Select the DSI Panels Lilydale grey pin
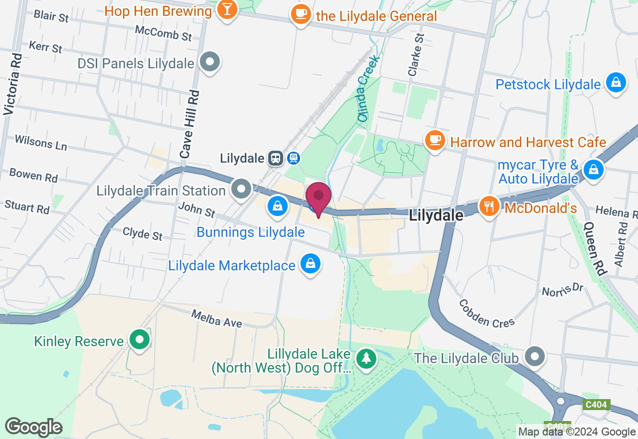coord(210,62)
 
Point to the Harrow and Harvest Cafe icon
coord(435,140)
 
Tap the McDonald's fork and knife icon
coord(489,206)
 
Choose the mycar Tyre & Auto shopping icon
coord(593,169)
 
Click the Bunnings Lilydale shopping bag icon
coord(277,205)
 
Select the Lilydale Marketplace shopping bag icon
coord(310,263)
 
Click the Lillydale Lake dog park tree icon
coord(367,358)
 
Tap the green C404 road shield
coord(596,405)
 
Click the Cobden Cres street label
coord(486,313)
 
